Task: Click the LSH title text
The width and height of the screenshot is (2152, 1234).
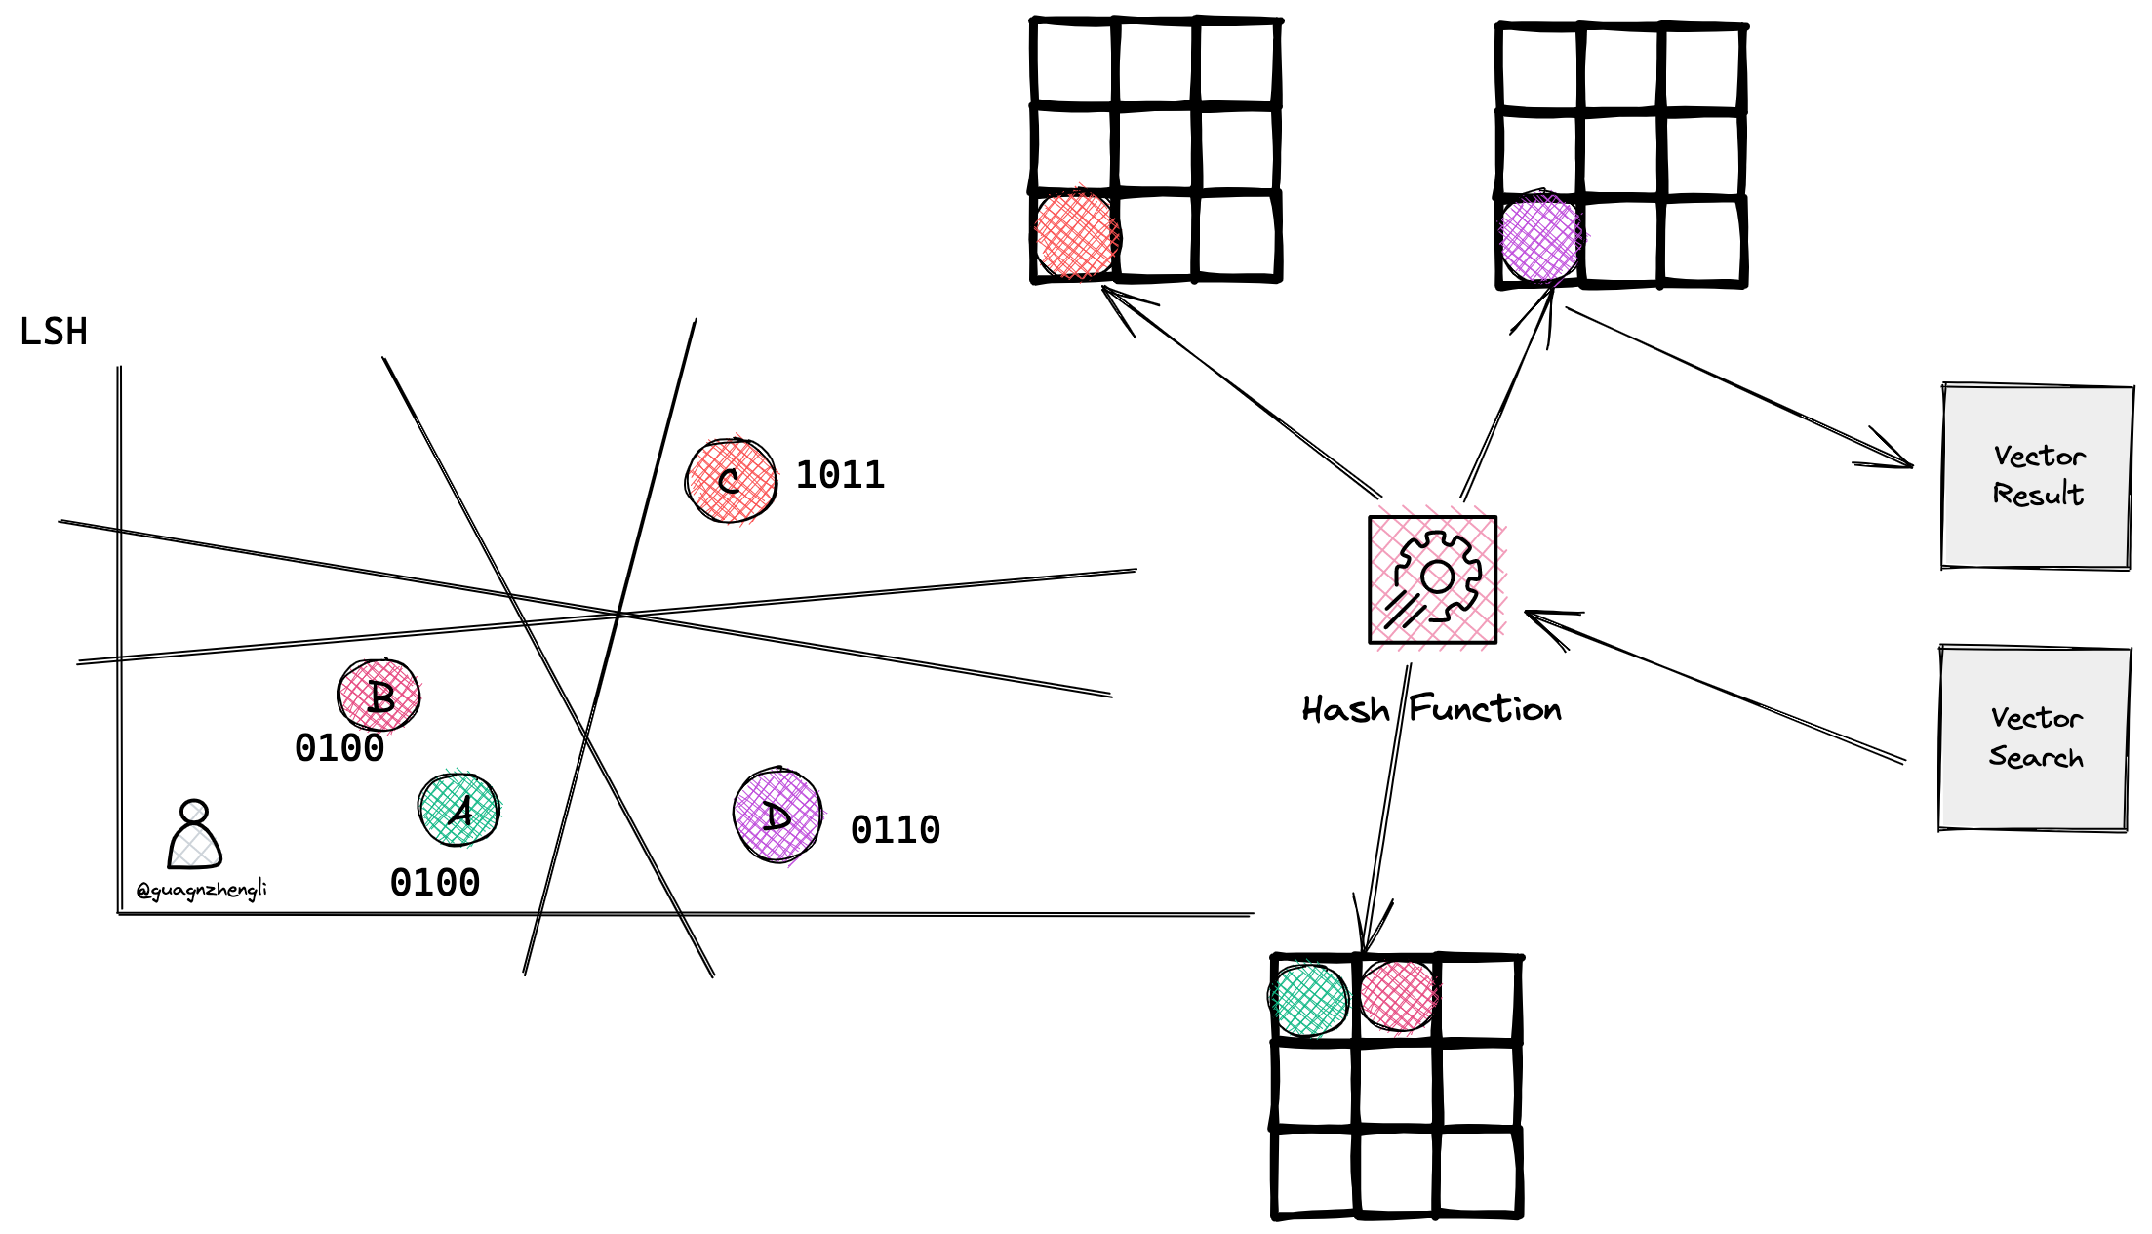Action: pos(54,333)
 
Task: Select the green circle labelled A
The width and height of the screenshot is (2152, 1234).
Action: pos(458,810)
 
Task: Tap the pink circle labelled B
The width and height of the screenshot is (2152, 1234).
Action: pos(379,696)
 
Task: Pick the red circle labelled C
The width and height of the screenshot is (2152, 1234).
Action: pos(732,481)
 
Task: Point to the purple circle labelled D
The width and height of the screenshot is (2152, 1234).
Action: pos(777,816)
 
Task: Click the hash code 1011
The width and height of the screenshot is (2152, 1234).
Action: pos(840,475)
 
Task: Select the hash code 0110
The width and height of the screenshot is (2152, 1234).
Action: pos(895,830)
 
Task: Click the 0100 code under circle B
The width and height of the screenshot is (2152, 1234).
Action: pos(339,748)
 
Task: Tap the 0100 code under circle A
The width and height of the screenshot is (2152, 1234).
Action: pos(434,883)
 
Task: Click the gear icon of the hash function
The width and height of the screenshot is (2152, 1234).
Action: pos(1433,579)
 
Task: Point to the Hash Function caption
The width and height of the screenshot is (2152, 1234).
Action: pos(1431,709)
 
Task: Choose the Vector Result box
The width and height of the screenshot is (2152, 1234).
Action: pos(2037,476)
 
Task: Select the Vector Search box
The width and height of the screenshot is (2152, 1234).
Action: pos(2035,738)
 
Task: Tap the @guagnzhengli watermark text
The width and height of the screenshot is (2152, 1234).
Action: pos(202,890)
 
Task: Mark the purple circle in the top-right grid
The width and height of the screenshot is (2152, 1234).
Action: pos(1540,238)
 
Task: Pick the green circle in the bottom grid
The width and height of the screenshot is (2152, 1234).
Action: pos(1309,1000)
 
